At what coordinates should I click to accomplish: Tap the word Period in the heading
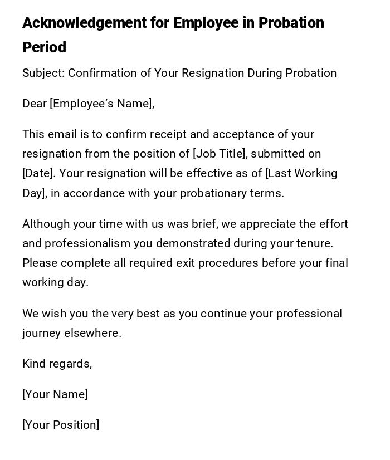44,47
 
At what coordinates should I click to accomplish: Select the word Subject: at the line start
43,73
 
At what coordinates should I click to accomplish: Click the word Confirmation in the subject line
103,73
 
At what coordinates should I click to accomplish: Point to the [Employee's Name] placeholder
102,104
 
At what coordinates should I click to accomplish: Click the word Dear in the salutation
35,104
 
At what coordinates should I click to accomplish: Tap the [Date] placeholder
38,173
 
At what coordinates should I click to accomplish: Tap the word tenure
315,243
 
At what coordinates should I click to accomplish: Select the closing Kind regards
57,364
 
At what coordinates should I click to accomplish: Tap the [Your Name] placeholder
55,394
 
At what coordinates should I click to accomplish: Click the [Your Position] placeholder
61,425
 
